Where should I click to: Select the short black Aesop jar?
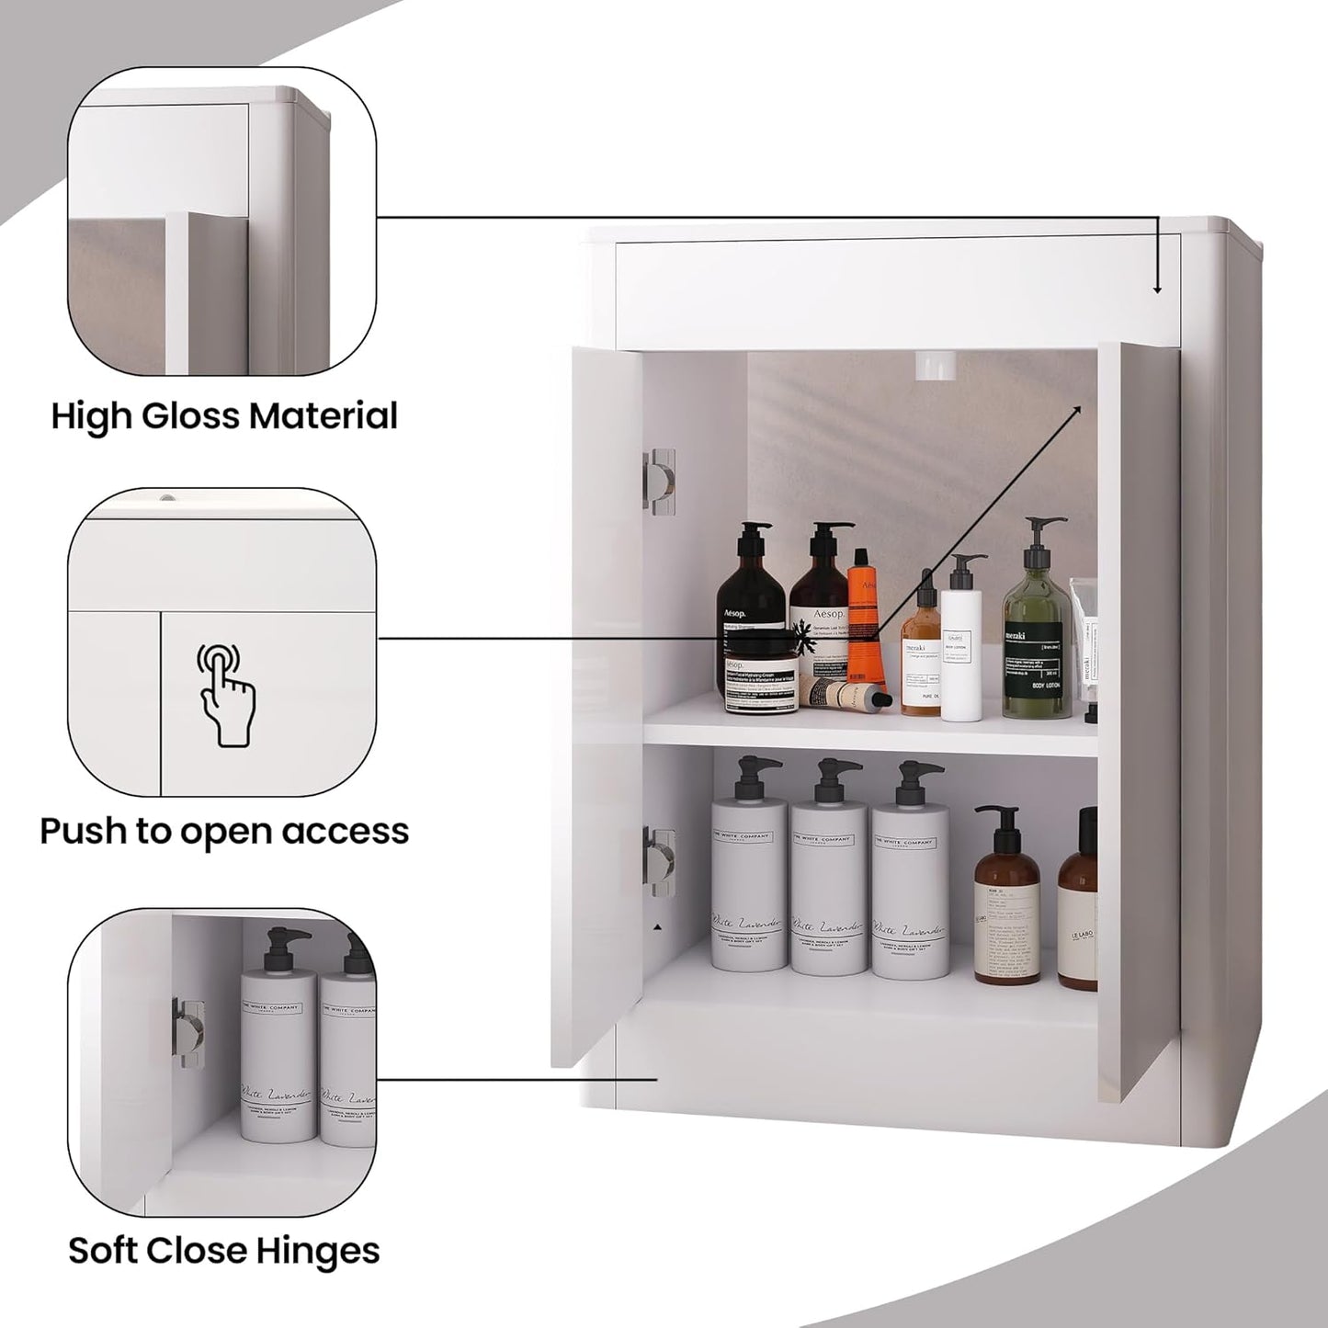click(x=758, y=684)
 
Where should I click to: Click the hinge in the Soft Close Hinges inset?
click(x=188, y=1032)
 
